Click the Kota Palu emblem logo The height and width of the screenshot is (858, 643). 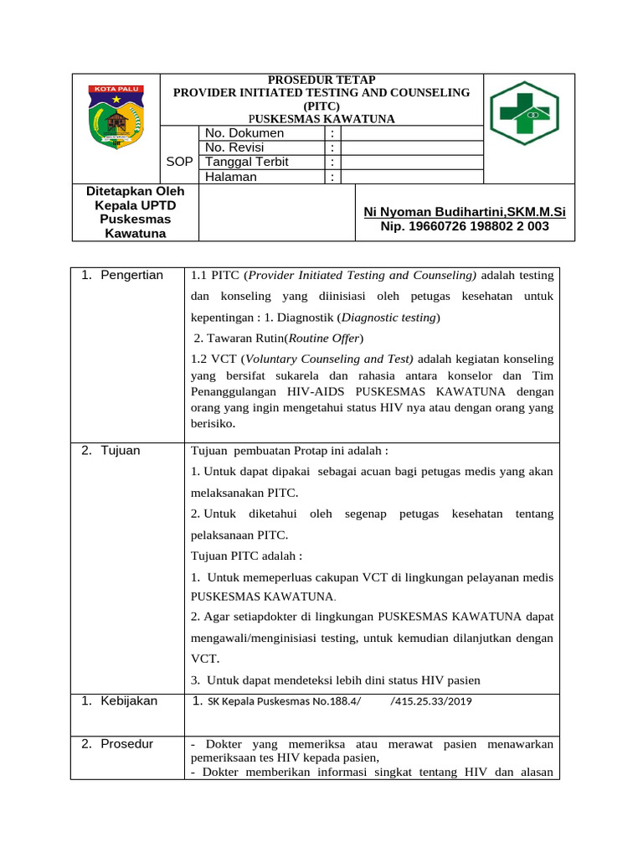tap(116, 117)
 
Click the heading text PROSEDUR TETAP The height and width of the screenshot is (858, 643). tap(321, 80)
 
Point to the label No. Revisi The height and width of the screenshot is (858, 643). tap(234, 147)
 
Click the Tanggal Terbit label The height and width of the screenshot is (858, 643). tap(247, 162)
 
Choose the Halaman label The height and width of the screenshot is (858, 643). tap(231, 177)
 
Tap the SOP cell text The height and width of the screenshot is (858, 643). tap(180, 162)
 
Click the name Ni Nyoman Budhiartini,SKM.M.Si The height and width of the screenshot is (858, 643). tap(465, 212)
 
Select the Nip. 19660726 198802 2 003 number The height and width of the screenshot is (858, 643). tap(465, 226)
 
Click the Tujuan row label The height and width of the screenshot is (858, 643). tap(121, 451)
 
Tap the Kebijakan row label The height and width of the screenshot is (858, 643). tap(129, 700)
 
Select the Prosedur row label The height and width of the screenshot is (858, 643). tap(126, 743)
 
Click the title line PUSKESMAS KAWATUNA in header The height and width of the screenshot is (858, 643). tap(321, 119)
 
